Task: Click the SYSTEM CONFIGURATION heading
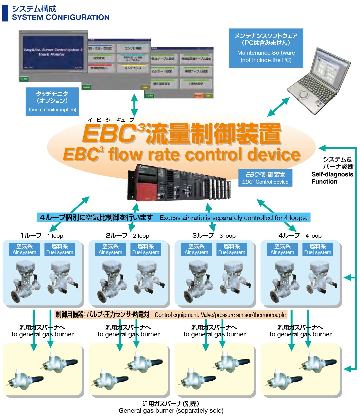[x=60, y=17]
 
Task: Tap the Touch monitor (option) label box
[x=52, y=102]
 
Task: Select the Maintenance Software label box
[x=266, y=48]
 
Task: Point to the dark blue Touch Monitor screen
[x=53, y=55]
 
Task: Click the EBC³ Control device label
[x=265, y=178]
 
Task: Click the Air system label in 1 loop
[x=24, y=249]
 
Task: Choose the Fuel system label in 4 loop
[x=317, y=249]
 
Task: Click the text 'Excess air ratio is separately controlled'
[x=233, y=218]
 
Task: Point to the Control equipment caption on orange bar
[x=220, y=315]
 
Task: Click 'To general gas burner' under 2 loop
[x=128, y=334]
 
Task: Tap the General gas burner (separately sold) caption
[x=171, y=410]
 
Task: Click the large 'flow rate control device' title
[x=182, y=155]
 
